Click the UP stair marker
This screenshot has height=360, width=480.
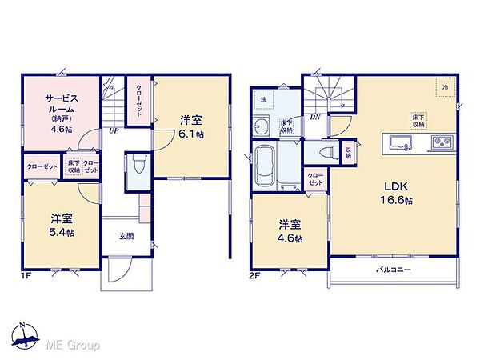115,132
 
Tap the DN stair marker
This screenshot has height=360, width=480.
315,117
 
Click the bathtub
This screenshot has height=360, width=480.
265,166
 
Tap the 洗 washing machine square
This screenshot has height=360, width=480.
263,99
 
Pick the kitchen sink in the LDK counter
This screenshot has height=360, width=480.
401,142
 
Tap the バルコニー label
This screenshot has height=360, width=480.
394,270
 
